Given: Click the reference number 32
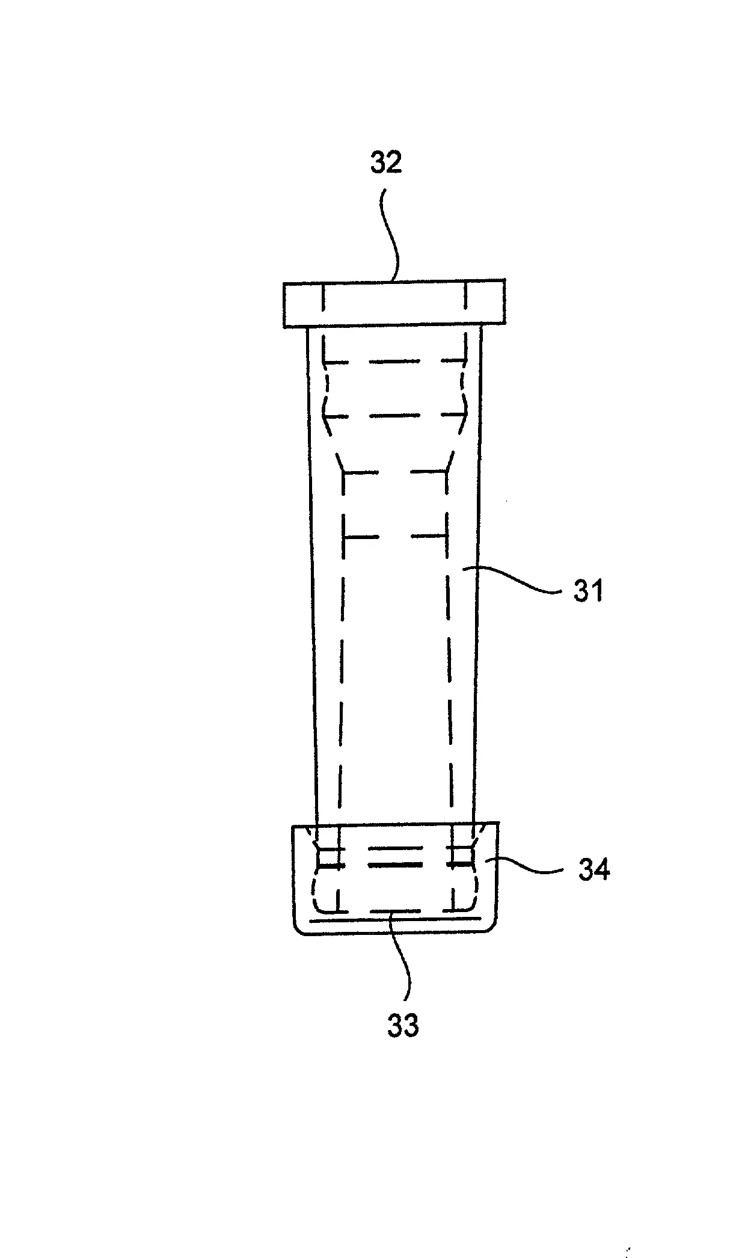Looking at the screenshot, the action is pos(386,164).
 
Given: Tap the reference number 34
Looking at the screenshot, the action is pos(593,870).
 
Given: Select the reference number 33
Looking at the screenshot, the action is pos(402,1026).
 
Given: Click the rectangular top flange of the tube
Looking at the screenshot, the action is pos(394,304).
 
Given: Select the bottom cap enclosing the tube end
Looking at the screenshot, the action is pos(395,878).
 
